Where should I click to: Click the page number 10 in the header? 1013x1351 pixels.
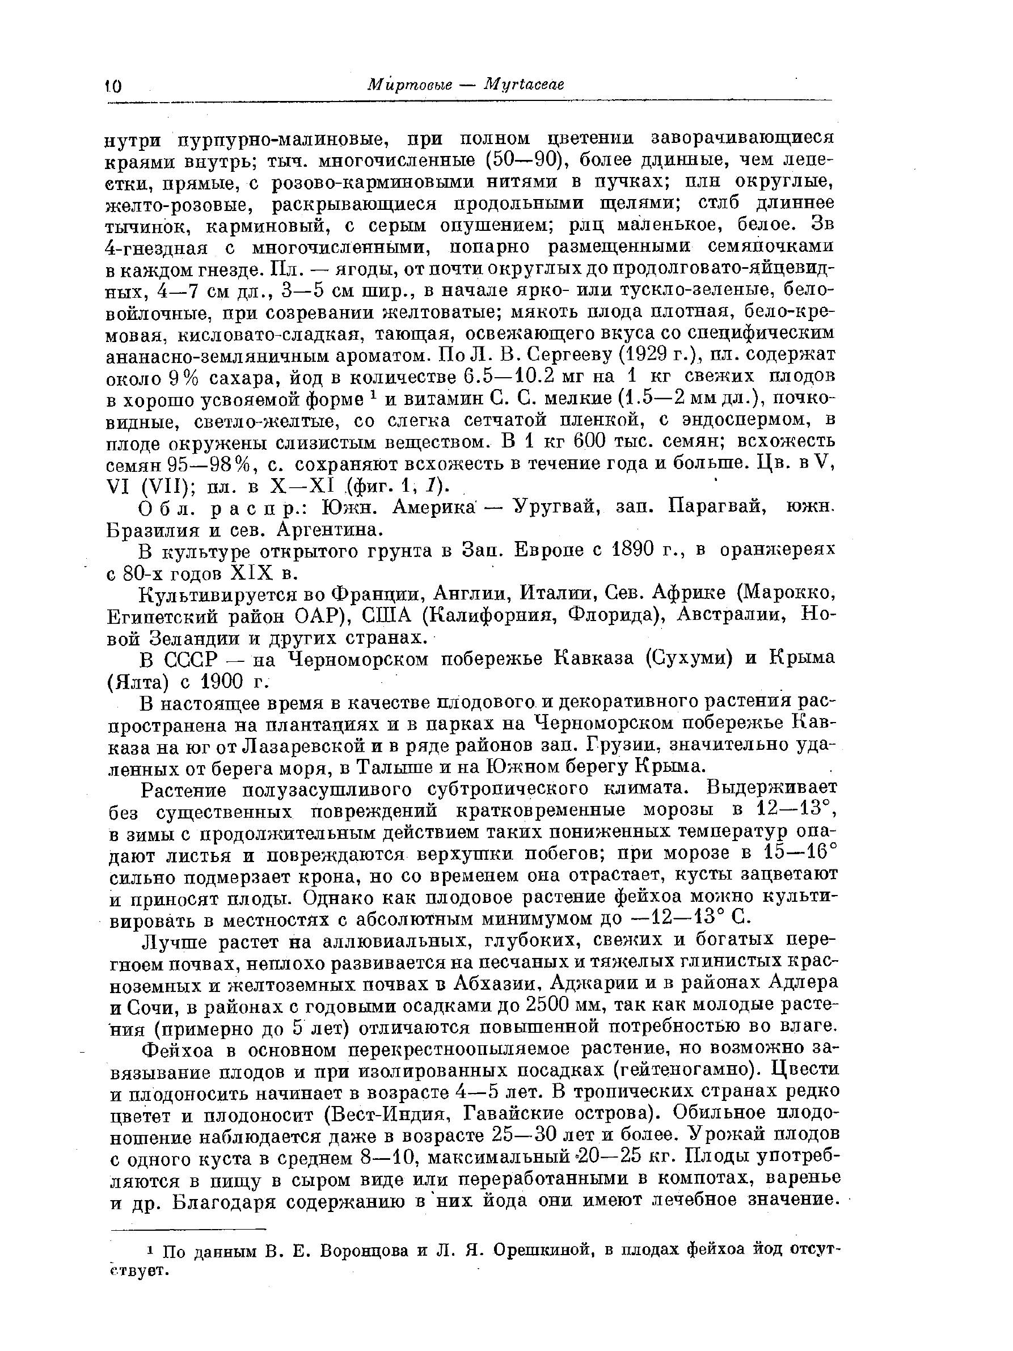(x=113, y=86)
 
